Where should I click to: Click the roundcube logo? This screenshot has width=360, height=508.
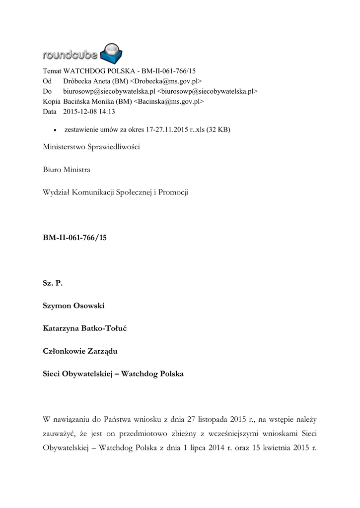[83, 52]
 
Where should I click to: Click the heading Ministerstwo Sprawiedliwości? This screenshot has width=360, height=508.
[92, 148]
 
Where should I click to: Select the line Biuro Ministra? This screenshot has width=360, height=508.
[67, 170]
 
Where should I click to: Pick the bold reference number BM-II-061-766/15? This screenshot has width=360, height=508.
[74, 238]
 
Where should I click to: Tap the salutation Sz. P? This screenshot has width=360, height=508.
[53, 283]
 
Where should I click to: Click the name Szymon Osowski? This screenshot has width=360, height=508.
[73, 306]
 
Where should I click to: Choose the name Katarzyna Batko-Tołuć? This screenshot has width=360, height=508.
[85, 328]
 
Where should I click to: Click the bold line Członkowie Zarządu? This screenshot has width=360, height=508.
[80, 351]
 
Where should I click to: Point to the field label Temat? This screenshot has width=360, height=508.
[52, 71]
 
